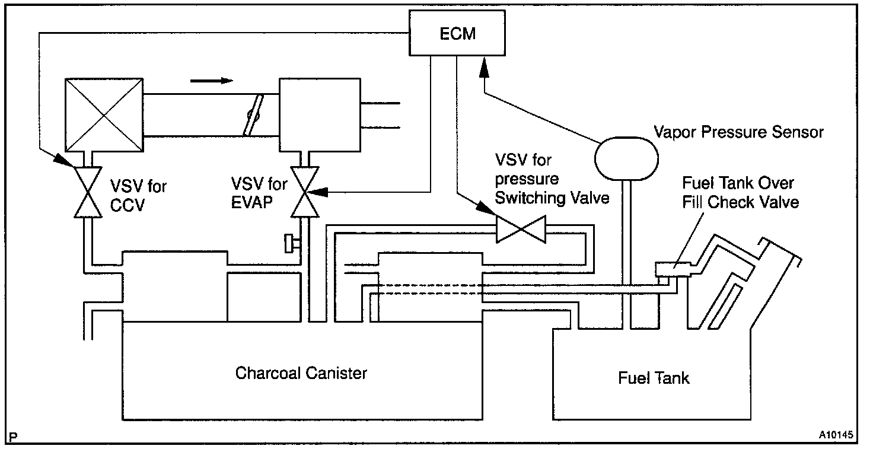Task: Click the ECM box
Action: (x=457, y=33)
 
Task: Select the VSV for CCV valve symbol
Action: (x=88, y=192)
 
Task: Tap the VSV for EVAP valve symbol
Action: (x=305, y=192)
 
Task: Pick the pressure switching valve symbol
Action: (x=521, y=230)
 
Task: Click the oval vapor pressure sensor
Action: (x=626, y=158)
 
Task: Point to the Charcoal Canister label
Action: (x=301, y=373)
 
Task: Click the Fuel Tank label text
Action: (x=654, y=378)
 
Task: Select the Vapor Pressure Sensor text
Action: (x=738, y=132)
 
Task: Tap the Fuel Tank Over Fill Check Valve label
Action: (x=740, y=193)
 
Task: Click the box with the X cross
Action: (x=104, y=115)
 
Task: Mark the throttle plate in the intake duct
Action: (x=253, y=115)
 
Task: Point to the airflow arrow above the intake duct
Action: (x=212, y=81)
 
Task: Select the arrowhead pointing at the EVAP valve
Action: (x=318, y=192)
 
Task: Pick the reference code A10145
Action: (x=836, y=434)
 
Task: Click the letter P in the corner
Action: (x=13, y=437)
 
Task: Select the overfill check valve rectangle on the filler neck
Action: (x=673, y=269)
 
